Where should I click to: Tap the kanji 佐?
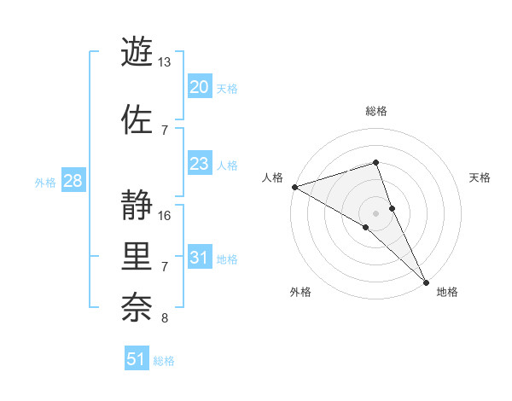(x=137, y=119)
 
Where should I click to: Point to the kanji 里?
(x=137, y=256)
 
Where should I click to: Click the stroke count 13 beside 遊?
(x=165, y=62)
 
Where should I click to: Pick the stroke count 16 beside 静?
(x=165, y=215)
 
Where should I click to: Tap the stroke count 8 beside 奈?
(x=165, y=319)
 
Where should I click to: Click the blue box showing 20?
(x=199, y=86)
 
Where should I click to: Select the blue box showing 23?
(x=199, y=164)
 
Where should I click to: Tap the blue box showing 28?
(x=73, y=181)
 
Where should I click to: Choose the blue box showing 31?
(x=199, y=258)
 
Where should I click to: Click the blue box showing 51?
(x=137, y=359)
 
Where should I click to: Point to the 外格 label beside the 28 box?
(x=46, y=182)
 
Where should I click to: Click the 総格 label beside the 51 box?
(x=164, y=361)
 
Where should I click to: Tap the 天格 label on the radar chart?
(x=480, y=177)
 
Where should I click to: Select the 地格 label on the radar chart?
(x=447, y=292)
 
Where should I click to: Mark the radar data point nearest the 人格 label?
(x=294, y=187)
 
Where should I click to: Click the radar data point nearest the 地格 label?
(x=426, y=282)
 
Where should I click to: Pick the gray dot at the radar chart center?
(x=375, y=212)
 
